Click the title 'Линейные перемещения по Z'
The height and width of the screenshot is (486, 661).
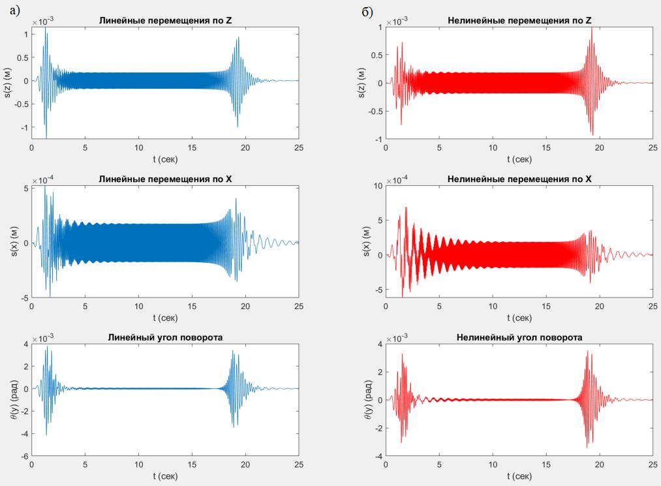(x=165, y=20)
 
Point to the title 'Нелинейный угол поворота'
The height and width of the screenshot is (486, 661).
(x=519, y=337)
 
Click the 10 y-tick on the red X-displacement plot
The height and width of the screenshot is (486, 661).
(x=377, y=187)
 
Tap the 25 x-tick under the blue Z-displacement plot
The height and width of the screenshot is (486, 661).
(x=298, y=148)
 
